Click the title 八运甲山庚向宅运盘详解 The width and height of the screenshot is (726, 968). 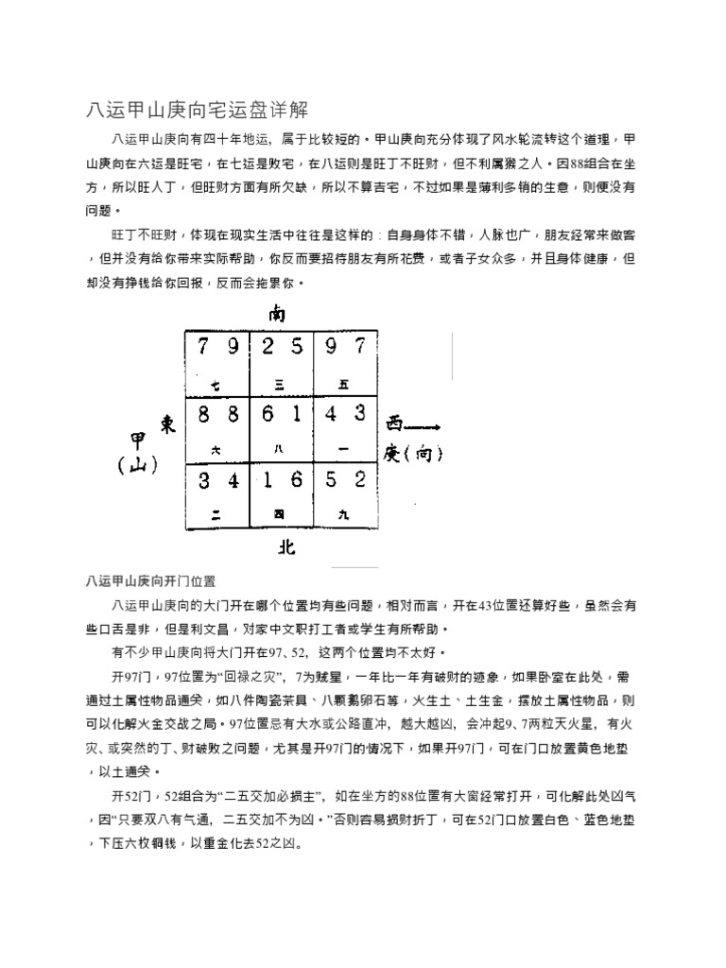coord(198,108)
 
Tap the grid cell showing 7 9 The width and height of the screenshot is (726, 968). coord(216,364)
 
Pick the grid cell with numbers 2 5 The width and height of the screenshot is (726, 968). coord(281,364)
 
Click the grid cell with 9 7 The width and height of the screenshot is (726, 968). coord(345,364)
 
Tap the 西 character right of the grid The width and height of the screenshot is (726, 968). coord(394,423)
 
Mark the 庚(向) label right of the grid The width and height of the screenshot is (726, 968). coord(412,454)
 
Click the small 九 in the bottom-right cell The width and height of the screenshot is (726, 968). coord(343,514)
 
